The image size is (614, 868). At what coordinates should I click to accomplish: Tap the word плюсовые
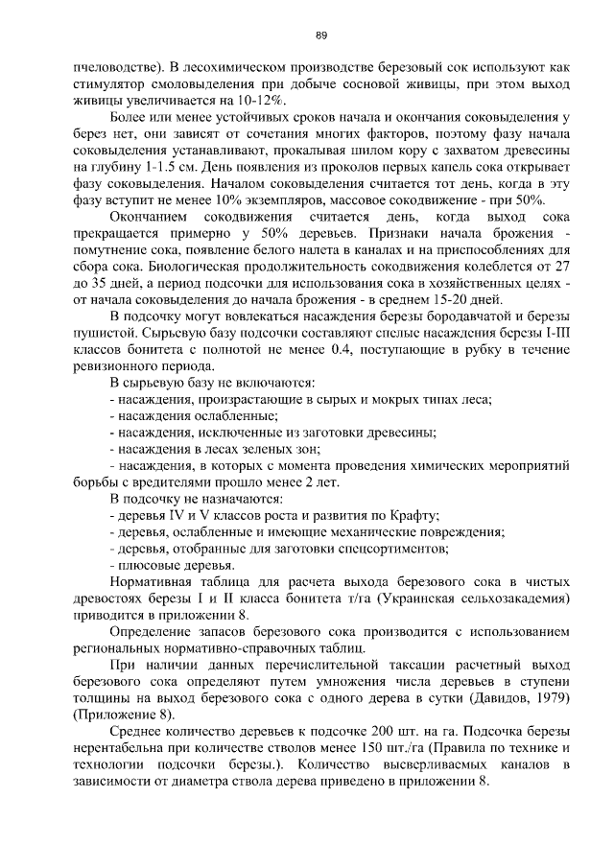pos(149,565)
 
